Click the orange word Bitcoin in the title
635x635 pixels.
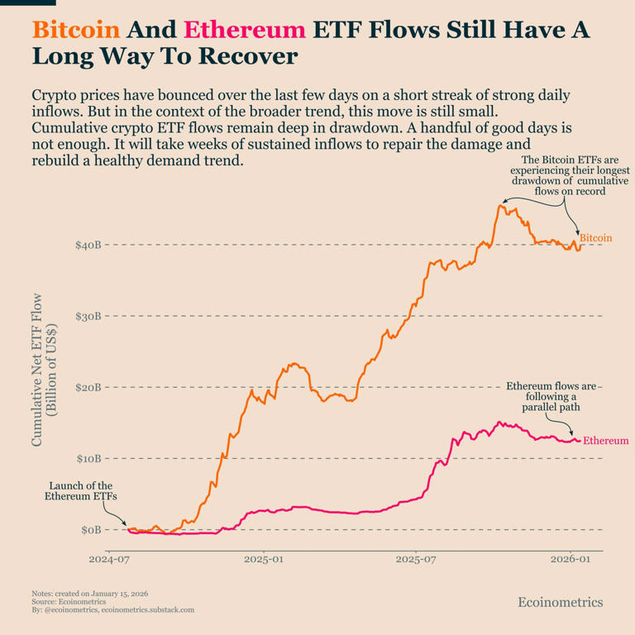point(76,31)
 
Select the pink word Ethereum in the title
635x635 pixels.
point(245,31)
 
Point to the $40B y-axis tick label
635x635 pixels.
point(88,246)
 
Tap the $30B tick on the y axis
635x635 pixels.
point(88,317)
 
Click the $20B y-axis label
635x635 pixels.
point(88,388)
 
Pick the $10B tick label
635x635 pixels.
point(88,459)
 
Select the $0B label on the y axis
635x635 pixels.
point(91,530)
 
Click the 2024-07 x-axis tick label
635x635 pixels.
point(109,560)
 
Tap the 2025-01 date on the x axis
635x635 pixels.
point(264,560)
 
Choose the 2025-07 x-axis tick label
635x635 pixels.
point(418,560)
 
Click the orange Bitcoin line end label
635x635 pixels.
point(595,238)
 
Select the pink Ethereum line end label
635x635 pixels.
point(605,441)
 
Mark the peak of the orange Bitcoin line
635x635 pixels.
point(500,205)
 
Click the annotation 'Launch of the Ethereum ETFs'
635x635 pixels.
point(81,491)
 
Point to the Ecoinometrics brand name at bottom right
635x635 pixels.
point(560,603)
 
